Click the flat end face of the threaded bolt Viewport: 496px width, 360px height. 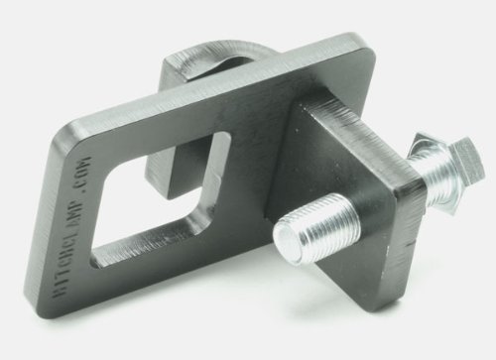click(x=289, y=239)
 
